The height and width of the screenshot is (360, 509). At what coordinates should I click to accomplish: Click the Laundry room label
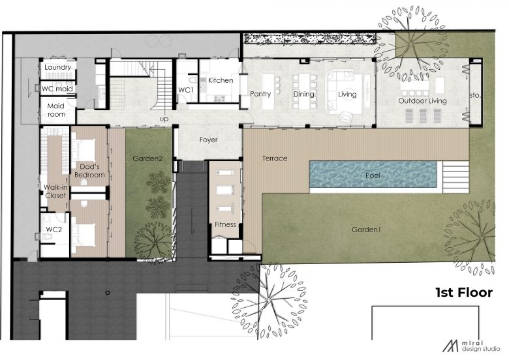58,67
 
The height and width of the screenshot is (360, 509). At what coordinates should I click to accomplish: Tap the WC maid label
57,89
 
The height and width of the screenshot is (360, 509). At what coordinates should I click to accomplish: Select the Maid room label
56,110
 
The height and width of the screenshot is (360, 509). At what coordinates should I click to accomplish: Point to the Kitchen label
221,80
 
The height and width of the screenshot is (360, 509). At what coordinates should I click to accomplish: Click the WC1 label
186,90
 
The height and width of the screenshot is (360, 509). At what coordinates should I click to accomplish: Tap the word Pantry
260,94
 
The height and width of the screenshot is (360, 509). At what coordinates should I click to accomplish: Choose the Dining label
304,95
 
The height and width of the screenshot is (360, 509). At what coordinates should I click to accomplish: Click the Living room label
347,95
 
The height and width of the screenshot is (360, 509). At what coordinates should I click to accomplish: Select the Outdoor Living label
423,101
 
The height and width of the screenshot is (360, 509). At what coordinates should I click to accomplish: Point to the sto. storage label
474,95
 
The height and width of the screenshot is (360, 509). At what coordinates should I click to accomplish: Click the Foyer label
208,140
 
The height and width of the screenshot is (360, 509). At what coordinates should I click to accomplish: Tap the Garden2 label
147,158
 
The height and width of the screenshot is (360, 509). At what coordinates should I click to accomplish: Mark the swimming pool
373,175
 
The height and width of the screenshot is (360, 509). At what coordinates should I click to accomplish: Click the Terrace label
275,158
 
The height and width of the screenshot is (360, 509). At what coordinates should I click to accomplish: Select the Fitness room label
225,224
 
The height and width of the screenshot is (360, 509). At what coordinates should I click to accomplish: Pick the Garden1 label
366,230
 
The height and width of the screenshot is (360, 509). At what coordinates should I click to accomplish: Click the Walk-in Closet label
56,191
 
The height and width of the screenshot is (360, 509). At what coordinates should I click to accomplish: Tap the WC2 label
54,230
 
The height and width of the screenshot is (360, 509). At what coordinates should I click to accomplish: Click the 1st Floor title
464,293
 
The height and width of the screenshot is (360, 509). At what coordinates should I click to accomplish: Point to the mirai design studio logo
471,346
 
